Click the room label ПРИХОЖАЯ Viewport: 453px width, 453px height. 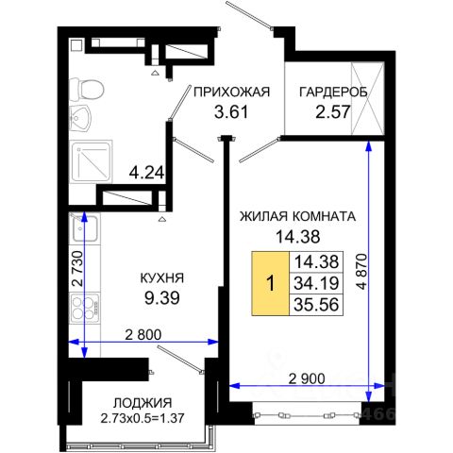tap(231, 92)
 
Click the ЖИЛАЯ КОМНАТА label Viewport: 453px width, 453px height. tap(296, 216)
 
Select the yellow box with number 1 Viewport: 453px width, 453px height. tap(272, 281)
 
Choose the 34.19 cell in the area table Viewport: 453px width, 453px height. tap(316, 281)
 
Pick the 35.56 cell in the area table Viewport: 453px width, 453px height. tap(316, 303)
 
